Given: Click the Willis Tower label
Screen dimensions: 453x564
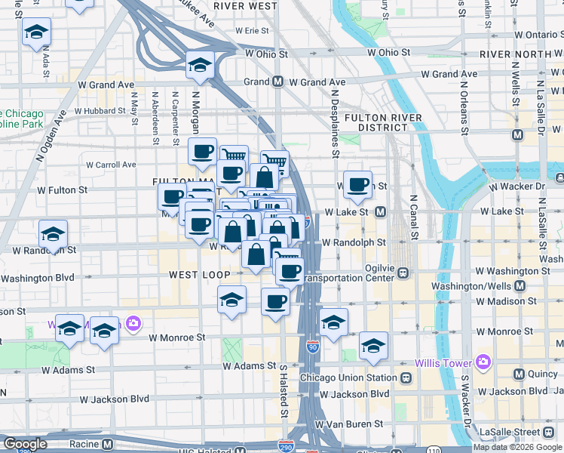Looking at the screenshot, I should point(448,361).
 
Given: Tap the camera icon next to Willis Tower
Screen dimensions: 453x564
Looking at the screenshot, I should point(483,361).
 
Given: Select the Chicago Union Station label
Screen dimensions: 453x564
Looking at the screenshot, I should point(347,377).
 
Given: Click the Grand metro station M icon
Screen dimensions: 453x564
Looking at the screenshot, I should point(277,82).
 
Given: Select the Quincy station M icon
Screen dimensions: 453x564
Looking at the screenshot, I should point(519,374).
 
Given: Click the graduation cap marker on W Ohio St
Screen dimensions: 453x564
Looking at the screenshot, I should point(200,66).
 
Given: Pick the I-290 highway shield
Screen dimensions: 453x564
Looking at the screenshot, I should point(287,447).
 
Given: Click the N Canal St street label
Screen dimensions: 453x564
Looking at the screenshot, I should point(413,214).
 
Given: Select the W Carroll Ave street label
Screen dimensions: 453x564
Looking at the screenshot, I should point(111,164).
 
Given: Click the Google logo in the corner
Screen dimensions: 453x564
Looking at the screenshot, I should point(26,445).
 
